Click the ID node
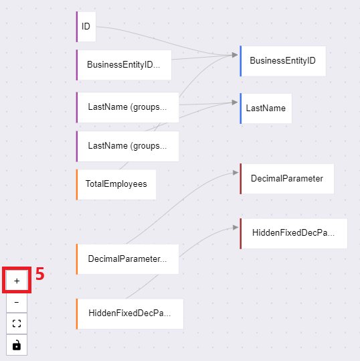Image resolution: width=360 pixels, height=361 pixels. pos(86,27)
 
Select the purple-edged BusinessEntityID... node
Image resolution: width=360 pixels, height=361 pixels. pos(124,65)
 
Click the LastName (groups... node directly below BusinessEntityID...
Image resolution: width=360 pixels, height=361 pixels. pos(127,107)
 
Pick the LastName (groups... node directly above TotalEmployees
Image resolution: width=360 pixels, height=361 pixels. pos(127,146)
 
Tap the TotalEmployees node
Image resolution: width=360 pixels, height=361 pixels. pos(116,184)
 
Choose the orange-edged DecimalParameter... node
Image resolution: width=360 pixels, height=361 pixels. pos(127,259)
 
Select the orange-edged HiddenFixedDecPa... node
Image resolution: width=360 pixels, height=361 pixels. pos(130,313)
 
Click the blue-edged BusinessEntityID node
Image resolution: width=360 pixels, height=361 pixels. pos(282,61)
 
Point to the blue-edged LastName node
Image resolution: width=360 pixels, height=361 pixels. pos(266,109)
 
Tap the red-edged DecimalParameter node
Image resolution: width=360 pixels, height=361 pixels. pos(287,179)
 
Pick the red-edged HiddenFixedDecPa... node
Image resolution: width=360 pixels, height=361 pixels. pos(294,234)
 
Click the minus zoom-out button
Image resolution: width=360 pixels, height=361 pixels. pos(17,302)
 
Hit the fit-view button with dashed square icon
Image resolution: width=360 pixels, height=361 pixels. pos(17,323)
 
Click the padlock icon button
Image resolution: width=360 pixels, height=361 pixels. pos(17,345)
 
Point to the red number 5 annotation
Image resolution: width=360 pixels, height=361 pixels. pos(39,274)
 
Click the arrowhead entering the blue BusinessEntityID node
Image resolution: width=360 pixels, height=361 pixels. pos(235,55)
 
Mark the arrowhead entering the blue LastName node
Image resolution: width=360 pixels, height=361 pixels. pos(235,102)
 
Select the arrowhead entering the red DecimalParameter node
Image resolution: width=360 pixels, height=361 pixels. pos(236,173)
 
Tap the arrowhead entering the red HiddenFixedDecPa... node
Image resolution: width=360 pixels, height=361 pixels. pos(236,228)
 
